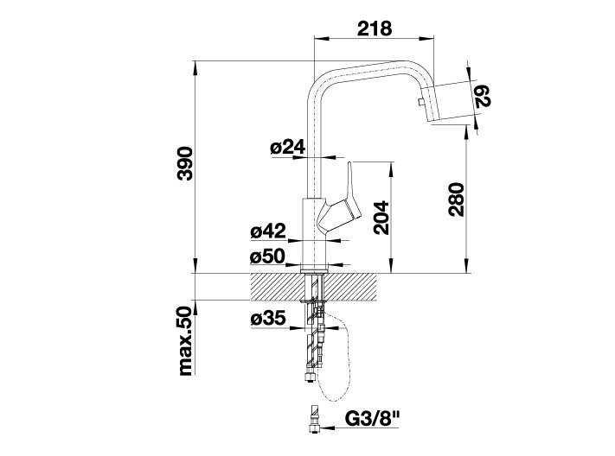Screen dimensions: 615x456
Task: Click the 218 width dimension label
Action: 375,28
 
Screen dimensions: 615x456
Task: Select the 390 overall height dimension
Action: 185,163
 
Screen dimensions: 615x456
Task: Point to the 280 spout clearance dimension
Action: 457,199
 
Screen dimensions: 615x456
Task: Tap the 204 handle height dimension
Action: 381,218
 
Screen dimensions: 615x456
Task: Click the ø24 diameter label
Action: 288,147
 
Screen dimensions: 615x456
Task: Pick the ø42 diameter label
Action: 268,231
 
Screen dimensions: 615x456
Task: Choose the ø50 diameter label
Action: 267,257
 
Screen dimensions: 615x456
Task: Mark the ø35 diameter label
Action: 268,319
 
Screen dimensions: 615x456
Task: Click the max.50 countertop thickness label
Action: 185,341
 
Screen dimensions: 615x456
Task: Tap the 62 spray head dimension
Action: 483,97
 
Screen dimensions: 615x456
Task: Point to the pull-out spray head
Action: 452,103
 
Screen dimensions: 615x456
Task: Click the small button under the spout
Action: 420,103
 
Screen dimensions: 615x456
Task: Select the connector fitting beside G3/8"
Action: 314,420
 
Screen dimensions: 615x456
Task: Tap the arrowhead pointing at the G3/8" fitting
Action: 326,427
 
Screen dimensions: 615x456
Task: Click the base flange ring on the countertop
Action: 315,270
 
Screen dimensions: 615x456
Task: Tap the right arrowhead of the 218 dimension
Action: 427,38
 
